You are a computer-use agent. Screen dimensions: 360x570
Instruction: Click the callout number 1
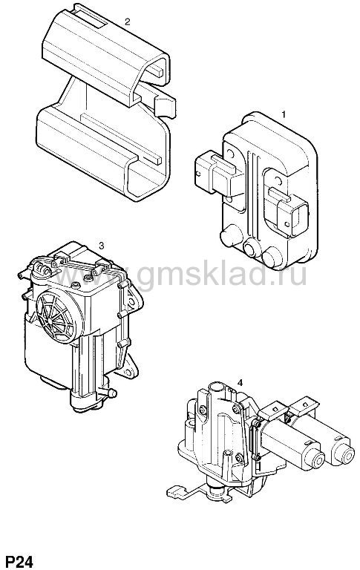[x=284, y=114]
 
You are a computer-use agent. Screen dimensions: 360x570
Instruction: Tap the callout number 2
[x=127, y=22]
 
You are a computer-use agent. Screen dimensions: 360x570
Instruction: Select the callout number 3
[x=102, y=246]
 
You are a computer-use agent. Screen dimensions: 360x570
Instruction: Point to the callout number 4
[x=240, y=382]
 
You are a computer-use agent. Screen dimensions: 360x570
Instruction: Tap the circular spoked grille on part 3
[x=56, y=316]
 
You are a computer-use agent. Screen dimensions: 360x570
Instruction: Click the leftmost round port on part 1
[x=231, y=235]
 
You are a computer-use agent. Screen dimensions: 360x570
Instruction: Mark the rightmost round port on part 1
[x=272, y=257]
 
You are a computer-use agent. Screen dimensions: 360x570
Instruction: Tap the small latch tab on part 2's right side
[x=165, y=106]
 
